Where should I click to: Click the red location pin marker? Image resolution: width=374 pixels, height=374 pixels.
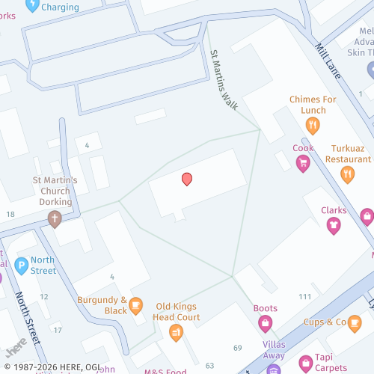[x=187, y=179]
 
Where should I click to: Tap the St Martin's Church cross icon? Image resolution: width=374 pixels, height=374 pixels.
[x=54, y=219]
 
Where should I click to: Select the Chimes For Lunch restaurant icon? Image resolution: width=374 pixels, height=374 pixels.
[x=313, y=126]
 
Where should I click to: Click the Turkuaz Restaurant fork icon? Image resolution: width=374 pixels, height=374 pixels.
[x=348, y=175]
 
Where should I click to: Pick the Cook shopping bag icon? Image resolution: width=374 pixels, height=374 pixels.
[x=303, y=164]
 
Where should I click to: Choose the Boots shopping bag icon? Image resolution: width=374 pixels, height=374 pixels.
[x=265, y=323]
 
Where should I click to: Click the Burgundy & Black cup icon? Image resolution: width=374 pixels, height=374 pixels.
[x=135, y=304]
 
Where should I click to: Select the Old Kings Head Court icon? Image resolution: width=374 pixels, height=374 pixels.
[x=177, y=332]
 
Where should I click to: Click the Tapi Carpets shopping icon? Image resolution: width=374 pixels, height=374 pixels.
[x=305, y=361]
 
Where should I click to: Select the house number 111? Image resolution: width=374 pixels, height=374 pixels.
[x=304, y=297]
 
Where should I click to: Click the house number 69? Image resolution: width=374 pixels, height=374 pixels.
[x=238, y=348]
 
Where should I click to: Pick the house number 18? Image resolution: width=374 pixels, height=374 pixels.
[x=10, y=215]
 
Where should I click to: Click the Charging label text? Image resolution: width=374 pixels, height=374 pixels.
[x=61, y=7]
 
